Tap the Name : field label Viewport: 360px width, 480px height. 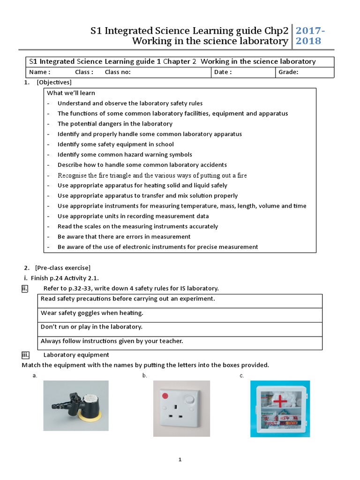[39, 72]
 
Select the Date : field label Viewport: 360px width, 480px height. [223, 72]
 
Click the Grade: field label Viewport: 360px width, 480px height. [288, 72]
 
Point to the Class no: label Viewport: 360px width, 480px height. [118, 72]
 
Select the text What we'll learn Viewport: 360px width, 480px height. [71, 93]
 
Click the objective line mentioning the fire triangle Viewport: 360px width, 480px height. [152, 175]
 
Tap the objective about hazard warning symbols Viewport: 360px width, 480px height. [125, 155]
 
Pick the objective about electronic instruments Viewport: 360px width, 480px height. [157, 247]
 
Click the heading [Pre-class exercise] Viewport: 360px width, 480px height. [62, 268]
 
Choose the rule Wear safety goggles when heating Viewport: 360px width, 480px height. [92, 313]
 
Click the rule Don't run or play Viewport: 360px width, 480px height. [91, 327]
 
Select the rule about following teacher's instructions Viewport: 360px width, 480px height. [112, 341]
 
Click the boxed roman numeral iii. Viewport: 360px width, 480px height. [25, 355]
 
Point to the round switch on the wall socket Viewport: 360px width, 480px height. [189, 400]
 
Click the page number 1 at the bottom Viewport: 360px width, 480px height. [180, 460]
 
